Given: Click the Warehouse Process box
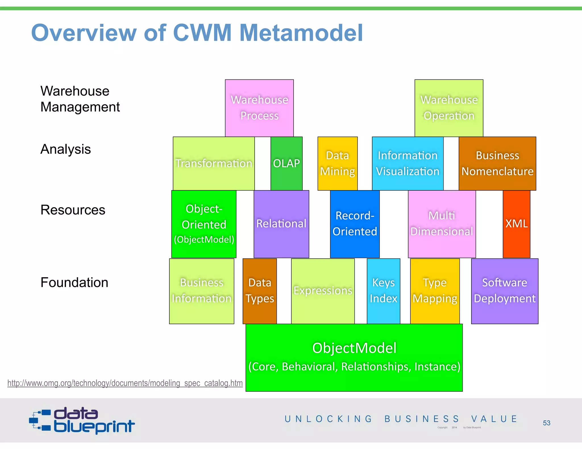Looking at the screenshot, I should [259, 108].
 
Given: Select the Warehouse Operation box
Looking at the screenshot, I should [449, 108].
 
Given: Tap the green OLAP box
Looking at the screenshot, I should [286, 163].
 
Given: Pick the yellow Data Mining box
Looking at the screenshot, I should [337, 163].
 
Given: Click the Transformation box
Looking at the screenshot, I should [213, 163].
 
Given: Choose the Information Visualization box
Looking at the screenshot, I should [408, 163].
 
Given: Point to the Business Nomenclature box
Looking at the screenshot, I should [497, 163].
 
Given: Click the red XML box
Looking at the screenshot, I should [516, 224].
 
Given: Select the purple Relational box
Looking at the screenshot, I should [281, 224].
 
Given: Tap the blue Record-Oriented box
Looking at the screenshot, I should [355, 224].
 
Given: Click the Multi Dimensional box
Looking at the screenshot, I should [442, 224].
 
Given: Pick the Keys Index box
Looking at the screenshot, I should [383, 291].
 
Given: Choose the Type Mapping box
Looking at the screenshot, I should [435, 291].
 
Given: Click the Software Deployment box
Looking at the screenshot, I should [504, 291].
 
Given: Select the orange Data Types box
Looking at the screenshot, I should [259, 291].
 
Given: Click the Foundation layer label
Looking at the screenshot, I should [74, 283].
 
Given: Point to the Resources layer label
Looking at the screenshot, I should [73, 210].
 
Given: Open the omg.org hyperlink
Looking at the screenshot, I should [125, 383].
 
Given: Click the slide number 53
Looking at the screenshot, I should [546, 423].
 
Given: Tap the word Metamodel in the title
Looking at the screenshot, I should [301, 33].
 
